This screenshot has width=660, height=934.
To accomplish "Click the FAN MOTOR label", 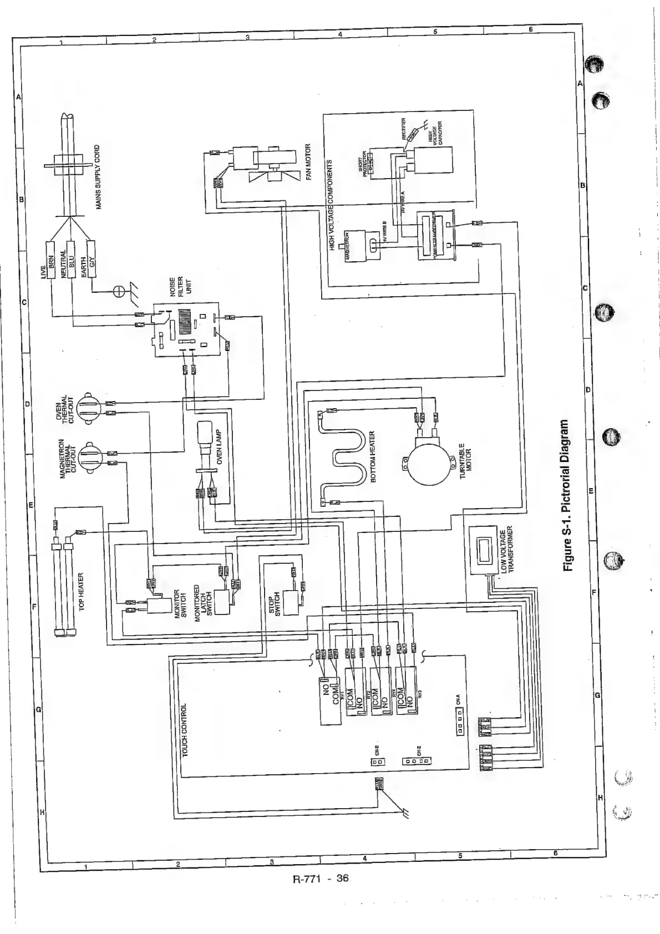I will (308, 166).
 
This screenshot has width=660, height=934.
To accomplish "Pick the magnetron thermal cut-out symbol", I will (88, 456).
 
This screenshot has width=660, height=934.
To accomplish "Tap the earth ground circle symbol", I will (119, 291).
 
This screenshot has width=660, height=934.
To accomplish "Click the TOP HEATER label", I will (82, 592).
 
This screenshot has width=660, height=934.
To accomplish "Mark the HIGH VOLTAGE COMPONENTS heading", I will (333, 205).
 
